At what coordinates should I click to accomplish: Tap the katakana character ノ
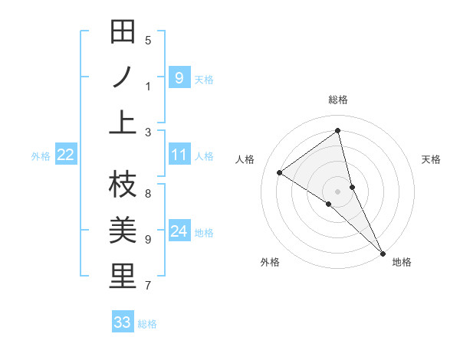(123, 77)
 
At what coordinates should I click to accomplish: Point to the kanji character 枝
(123, 184)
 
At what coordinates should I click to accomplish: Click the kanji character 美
(123, 230)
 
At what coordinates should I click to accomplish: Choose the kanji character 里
(123, 276)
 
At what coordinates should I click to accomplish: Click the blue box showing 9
(179, 77)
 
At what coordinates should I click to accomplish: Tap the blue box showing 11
(179, 155)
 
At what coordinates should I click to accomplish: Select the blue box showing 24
(179, 231)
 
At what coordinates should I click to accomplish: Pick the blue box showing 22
(66, 155)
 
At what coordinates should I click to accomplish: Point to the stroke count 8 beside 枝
(148, 193)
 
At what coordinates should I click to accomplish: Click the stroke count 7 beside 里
(148, 286)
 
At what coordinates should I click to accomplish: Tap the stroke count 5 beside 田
(148, 41)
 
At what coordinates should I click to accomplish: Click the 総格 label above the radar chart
(338, 100)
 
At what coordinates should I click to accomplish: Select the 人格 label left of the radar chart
(245, 159)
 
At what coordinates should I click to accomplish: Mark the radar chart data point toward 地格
(382, 252)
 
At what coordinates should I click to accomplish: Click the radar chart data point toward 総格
(338, 130)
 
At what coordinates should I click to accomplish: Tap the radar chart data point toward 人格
(280, 172)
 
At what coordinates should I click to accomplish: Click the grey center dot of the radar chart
(338, 191)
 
